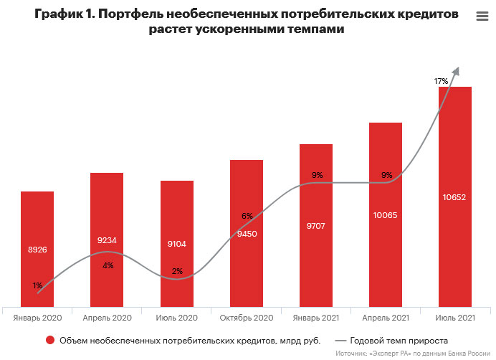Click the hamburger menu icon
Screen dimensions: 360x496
(482, 16)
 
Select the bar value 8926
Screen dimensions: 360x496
(37, 250)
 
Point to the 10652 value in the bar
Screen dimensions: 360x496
(455, 196)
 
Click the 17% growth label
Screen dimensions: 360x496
(441, 81)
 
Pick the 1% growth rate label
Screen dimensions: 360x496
(37, 285)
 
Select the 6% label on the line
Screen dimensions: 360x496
(247, 216)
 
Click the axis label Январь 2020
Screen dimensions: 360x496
(37, 316)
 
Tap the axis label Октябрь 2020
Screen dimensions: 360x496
(247, 316)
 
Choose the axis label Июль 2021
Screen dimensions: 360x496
(455, 316)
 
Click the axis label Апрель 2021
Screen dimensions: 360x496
(386, 316)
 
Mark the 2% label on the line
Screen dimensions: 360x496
(177, 271)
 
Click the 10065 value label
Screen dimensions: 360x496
(386, 215)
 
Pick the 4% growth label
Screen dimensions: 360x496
(108, 265)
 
